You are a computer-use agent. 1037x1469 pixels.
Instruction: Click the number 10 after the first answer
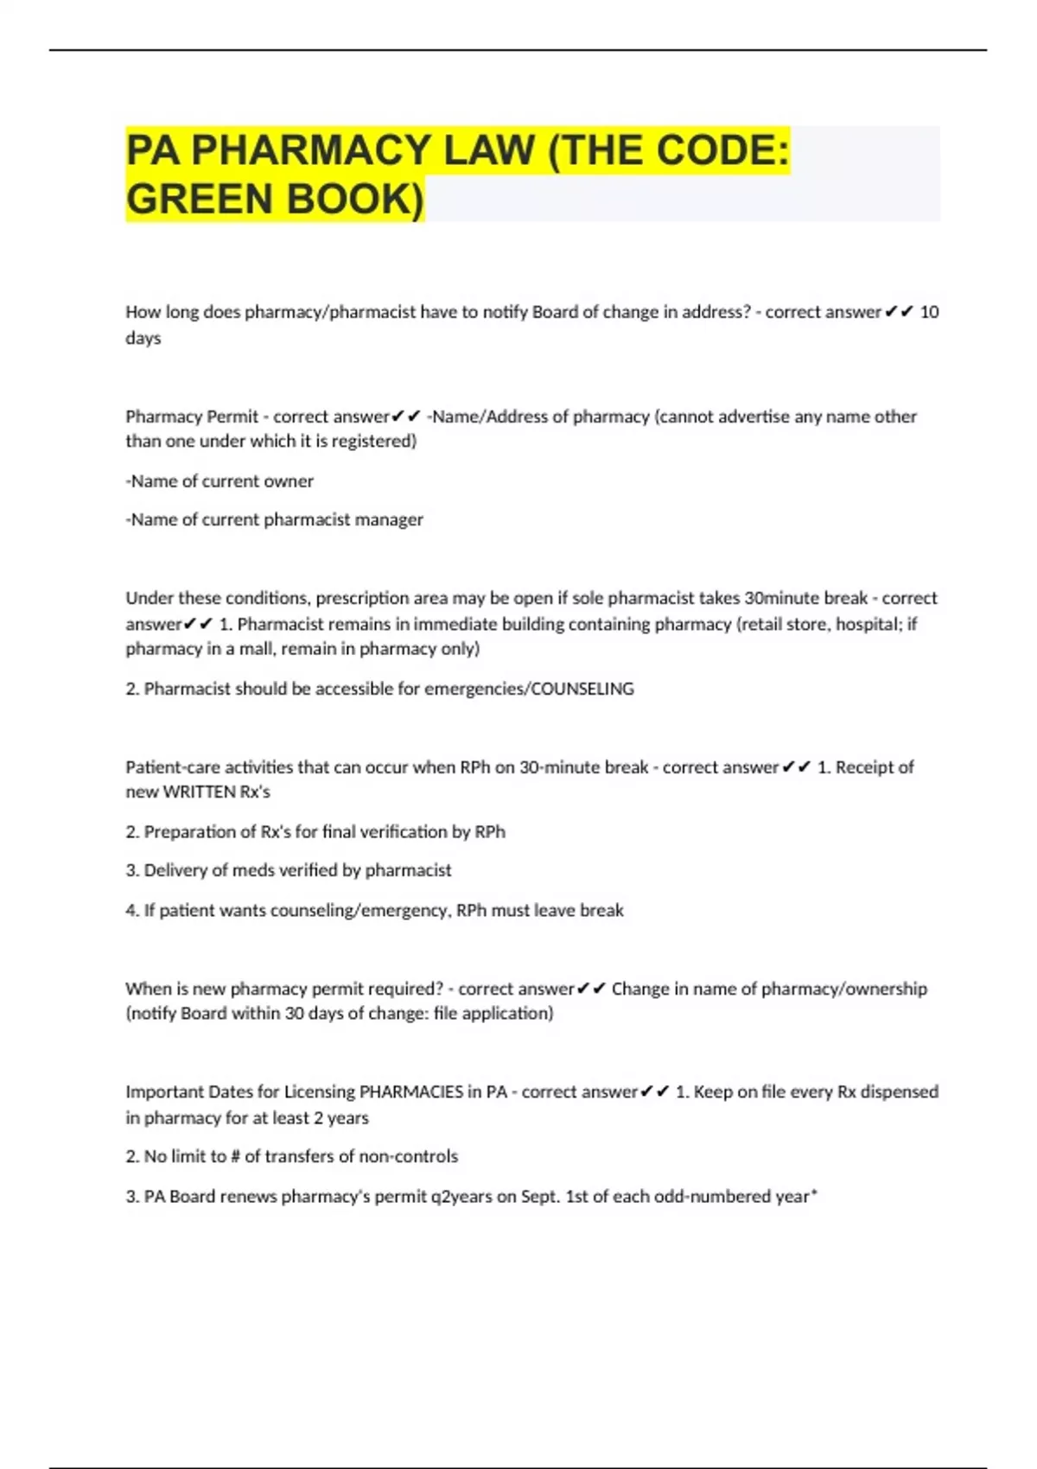point(929,312)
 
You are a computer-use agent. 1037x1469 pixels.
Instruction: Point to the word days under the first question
point(143,338)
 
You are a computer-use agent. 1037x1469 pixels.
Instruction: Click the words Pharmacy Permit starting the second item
point(192,417)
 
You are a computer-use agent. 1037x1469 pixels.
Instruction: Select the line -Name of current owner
point(219,481)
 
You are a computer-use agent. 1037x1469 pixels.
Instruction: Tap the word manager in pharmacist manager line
point(394,519)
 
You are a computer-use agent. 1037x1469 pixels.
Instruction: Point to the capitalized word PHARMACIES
point(410,1091)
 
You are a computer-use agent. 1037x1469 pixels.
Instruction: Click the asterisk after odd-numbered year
point(813,1194)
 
